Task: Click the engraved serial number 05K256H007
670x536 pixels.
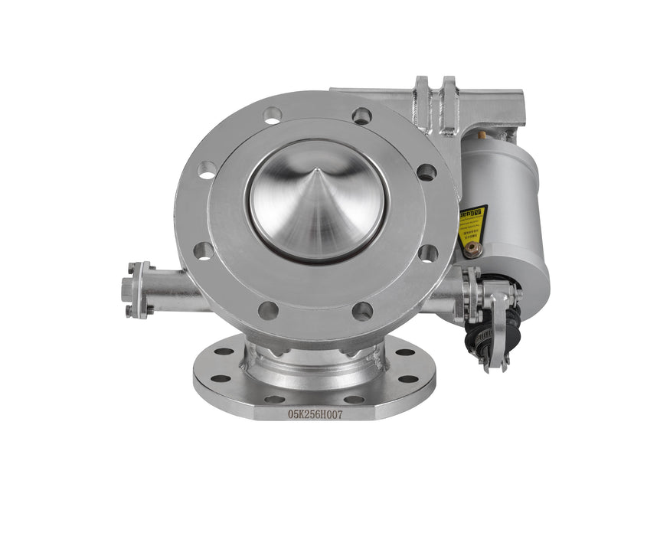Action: (315, 413)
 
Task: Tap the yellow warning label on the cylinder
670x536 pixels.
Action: (472, 221)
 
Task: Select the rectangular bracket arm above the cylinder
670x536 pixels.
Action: (490, 107)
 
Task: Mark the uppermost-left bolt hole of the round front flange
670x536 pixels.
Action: (273, 116)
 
